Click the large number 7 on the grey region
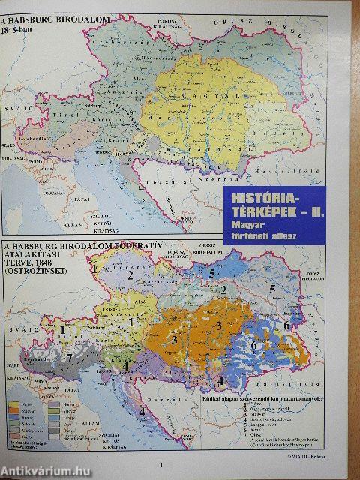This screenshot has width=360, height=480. point(69,358)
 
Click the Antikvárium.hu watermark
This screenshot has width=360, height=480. point(45,470)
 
